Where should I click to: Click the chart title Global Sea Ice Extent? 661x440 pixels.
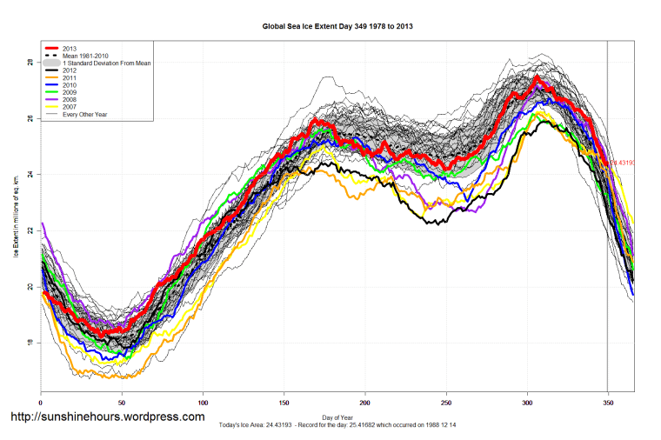coord(337,27)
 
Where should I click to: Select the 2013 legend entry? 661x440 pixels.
coord(70,48)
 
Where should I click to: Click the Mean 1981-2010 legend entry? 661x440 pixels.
coord(83,56)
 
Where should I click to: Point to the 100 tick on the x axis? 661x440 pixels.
coord(203,403)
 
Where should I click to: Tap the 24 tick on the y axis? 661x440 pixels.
coord(30,175)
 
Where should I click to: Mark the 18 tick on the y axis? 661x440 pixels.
coord(30,343)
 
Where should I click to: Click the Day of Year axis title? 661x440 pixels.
coord(337,419)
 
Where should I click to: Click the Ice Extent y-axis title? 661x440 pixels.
coord(15,217)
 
